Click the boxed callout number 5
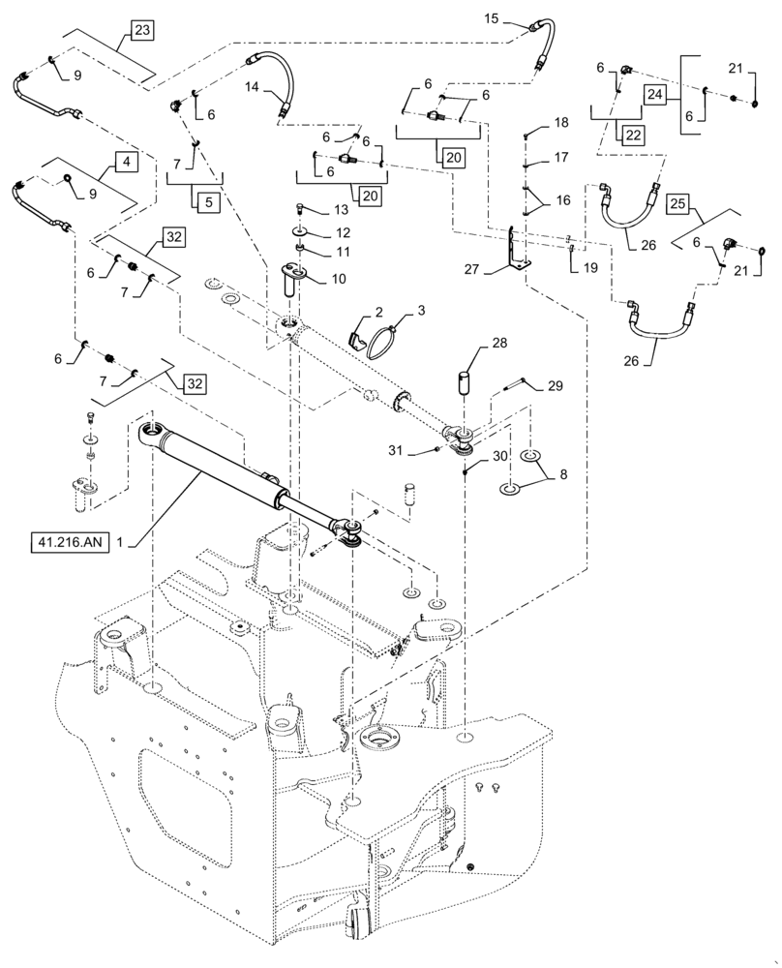click(x=208, y=202)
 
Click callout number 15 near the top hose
click(x=491, y=18)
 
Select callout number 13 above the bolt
click(x=326, y=210)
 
